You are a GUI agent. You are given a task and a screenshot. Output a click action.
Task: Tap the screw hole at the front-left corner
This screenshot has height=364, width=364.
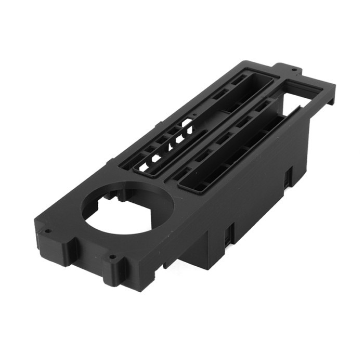click(x=47, y=231)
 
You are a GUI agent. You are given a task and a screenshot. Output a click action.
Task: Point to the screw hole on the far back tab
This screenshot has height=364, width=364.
click(x=294, y=69)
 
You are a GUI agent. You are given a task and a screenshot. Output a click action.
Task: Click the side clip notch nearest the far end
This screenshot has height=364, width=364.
click(x=287, y=177)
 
